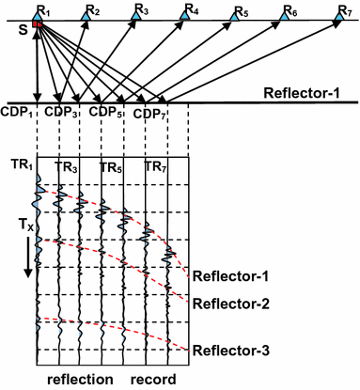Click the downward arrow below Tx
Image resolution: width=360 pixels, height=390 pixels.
(x=28, y=258)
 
